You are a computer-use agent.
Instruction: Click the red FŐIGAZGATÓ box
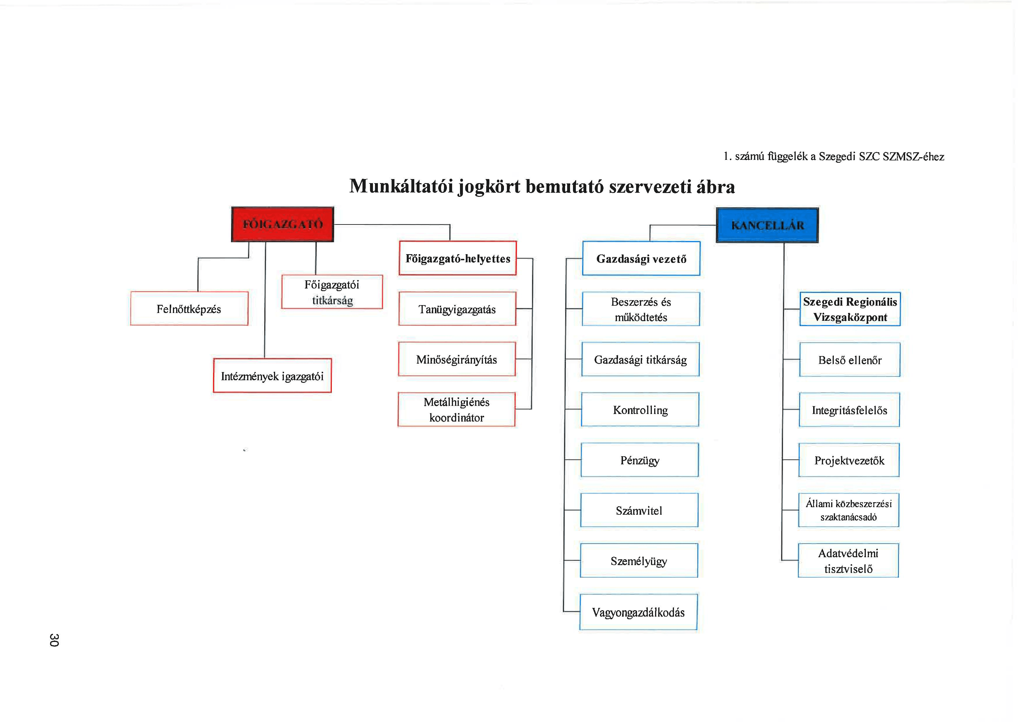coord(282,224)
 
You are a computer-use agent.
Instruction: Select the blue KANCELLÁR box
coord(767,225)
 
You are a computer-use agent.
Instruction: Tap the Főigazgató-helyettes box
coord(458,258)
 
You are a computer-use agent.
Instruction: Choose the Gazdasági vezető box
coord(641,258)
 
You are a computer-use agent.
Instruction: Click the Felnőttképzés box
coord(189,309)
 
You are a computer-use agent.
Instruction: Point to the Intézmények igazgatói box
coord(272,376)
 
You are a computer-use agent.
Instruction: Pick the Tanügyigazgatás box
coord(457,309)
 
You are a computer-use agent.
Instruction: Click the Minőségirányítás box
coord(457,359)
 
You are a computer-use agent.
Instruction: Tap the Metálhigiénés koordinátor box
coord(456,409)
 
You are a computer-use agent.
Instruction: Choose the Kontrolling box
coord(640,409)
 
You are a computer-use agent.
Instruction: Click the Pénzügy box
coord(639,460)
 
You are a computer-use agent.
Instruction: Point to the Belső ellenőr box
coord(849,360)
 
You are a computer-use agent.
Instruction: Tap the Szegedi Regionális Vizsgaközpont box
coord(850,309)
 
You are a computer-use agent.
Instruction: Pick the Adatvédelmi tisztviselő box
coord(848,561)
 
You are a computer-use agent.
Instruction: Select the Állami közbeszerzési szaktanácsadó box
coord(848,510)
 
